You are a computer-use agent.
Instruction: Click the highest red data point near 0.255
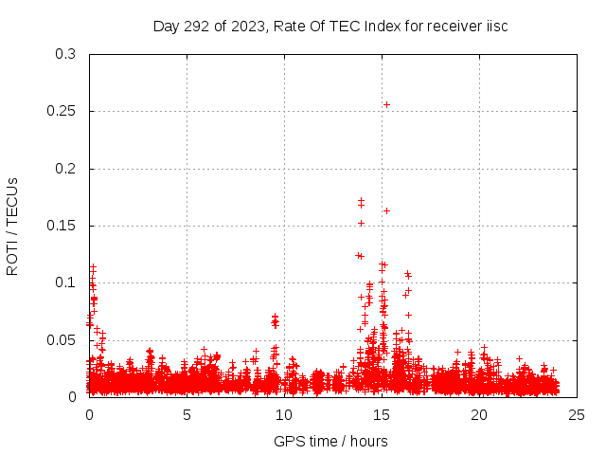386,104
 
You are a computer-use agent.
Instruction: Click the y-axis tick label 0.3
65,54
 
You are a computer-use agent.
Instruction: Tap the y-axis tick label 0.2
65,169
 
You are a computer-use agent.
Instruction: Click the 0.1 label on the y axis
65,282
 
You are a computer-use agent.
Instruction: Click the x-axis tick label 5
187,414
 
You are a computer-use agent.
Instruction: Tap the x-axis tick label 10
284,414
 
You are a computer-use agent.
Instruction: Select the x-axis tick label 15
382,414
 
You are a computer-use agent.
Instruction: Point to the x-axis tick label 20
479,414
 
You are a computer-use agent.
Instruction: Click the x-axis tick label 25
577,414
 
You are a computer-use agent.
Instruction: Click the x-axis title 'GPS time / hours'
330,441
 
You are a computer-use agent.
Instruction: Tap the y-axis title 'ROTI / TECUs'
12,226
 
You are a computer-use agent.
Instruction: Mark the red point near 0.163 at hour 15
386,210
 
